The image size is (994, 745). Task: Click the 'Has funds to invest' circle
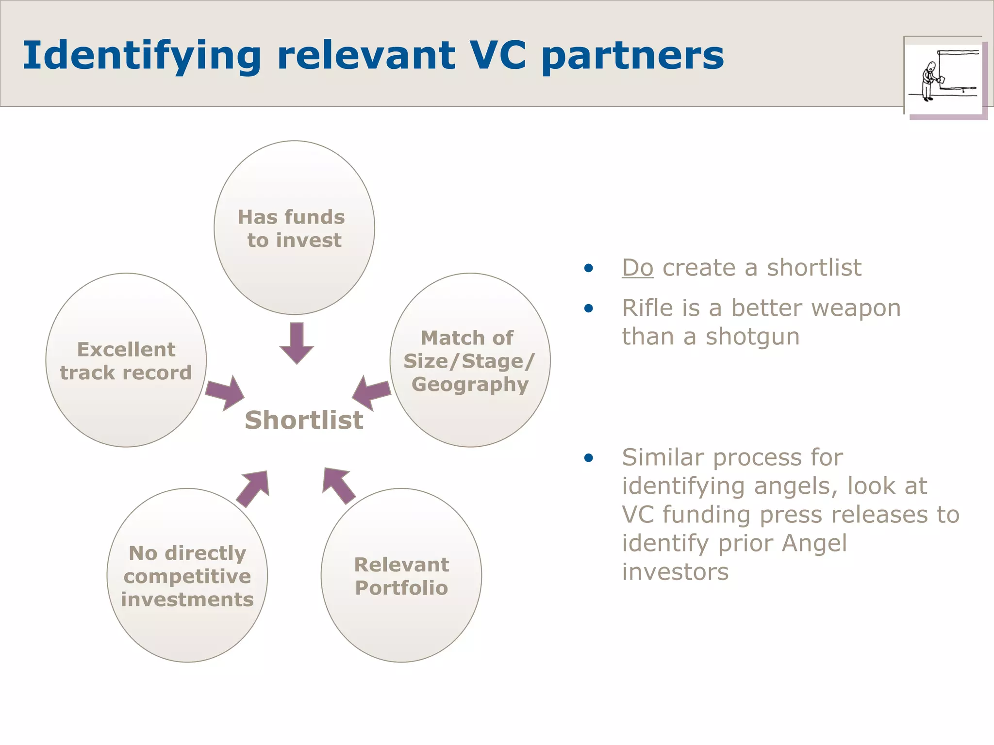coord(294,228)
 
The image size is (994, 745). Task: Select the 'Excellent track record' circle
coord(126,360)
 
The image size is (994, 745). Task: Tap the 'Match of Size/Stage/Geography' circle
coord(470,360)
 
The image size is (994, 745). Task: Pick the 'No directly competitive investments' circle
coord(187,576)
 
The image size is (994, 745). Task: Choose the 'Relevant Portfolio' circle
coord(401,576)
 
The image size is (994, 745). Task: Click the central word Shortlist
coord(304,420)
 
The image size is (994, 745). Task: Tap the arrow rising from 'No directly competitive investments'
coord(254,487)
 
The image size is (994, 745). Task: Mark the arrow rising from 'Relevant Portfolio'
coord(338,485)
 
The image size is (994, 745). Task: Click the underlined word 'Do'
coord(638,268)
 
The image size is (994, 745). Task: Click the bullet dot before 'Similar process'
coord(589,457)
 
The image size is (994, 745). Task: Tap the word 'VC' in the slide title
coord(498,55)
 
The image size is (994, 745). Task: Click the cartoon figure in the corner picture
coord(929,81)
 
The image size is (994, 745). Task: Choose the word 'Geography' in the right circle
coord(470,384)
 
